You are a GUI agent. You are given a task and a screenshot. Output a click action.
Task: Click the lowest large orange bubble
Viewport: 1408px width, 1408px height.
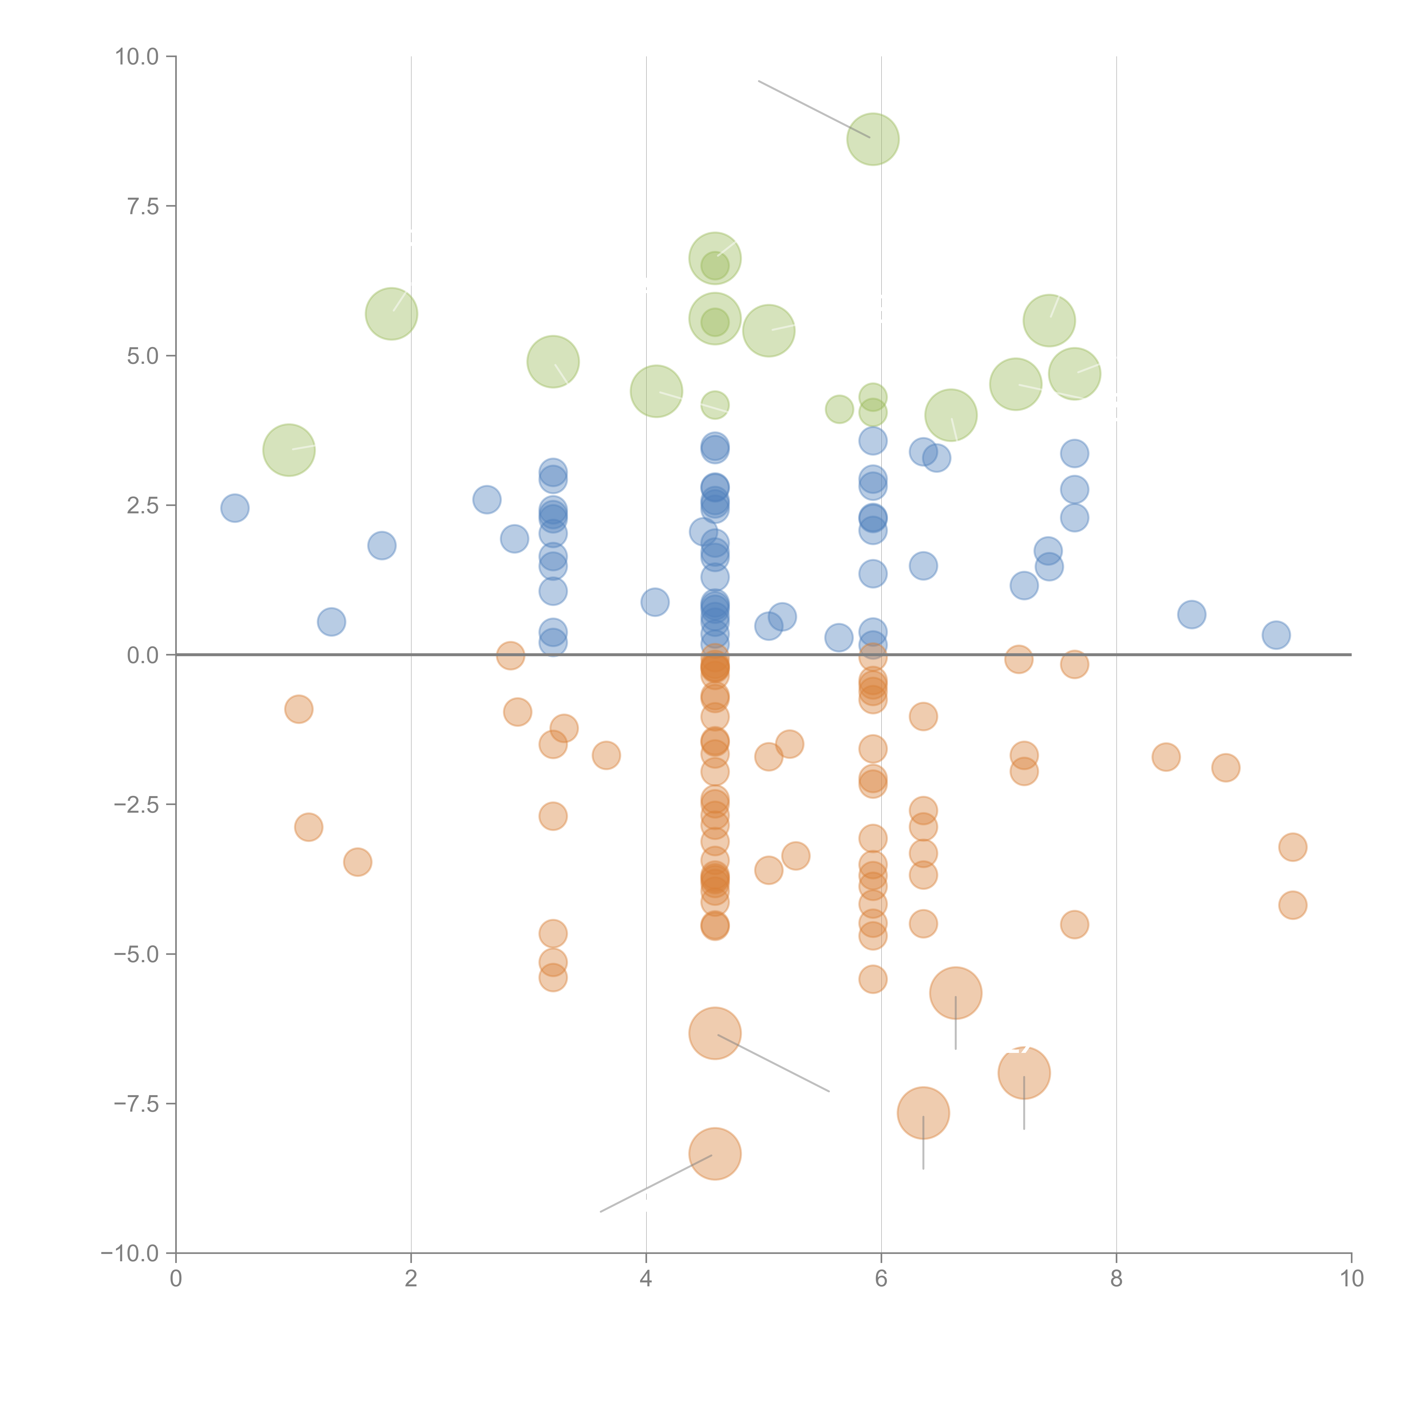pyautogui.click(x=715, y=1154)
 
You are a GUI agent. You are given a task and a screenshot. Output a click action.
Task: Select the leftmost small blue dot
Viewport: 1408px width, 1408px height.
pyautogui.click(x=235, y=508)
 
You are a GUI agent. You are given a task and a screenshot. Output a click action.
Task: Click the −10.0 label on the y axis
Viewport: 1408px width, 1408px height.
pyautogui.click(x=130, y=1253)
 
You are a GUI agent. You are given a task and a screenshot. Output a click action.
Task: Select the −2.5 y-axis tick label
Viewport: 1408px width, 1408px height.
pyautogui.click(x=136, y=805)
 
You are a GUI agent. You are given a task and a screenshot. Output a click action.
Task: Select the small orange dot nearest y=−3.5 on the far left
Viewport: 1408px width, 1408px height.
pyautogui.click(x=357, y=862)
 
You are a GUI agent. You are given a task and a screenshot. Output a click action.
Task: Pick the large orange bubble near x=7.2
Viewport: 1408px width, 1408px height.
pyautogui.click(x=1024, y=1073)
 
